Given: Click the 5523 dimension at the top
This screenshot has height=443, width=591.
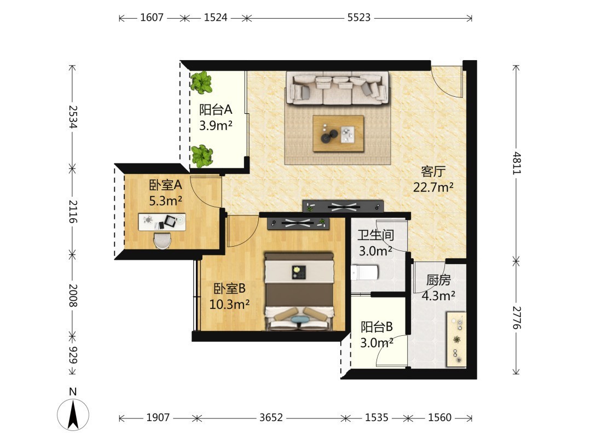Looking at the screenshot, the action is coord(359,18).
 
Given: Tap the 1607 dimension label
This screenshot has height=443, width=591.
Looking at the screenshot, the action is coord(152,18).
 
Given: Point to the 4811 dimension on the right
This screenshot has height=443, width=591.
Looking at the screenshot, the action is coord(517,163).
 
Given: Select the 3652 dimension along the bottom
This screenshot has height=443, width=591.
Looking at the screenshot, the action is coord(271,417).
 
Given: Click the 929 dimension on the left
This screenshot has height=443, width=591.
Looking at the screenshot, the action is coord(73,354).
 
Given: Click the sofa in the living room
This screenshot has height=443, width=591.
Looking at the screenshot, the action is coord(337,88).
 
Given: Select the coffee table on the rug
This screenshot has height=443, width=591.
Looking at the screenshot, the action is coord(338,133).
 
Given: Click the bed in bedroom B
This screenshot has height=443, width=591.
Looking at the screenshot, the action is coord(299,291).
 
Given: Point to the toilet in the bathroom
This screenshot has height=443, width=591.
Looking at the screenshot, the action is coord(364,272).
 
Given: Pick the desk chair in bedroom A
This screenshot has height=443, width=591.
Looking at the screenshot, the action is coord(162,240).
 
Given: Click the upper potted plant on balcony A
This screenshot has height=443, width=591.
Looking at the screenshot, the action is coord(201,82).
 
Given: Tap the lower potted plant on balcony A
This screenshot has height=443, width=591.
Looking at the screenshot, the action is coord(201,156).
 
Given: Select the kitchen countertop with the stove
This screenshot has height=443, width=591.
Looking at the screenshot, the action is coord(456,339).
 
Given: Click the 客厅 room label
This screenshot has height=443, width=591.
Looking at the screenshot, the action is coord(433,171).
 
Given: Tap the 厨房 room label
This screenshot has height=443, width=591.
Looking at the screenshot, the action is coord(438,280).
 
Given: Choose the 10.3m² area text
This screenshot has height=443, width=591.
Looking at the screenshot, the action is coord(229,304).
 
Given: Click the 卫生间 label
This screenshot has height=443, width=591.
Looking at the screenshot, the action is coord(376,235).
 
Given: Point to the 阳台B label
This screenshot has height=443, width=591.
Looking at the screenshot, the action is coord(376,327).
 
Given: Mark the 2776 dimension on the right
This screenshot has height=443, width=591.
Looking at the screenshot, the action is coord(517,318).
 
